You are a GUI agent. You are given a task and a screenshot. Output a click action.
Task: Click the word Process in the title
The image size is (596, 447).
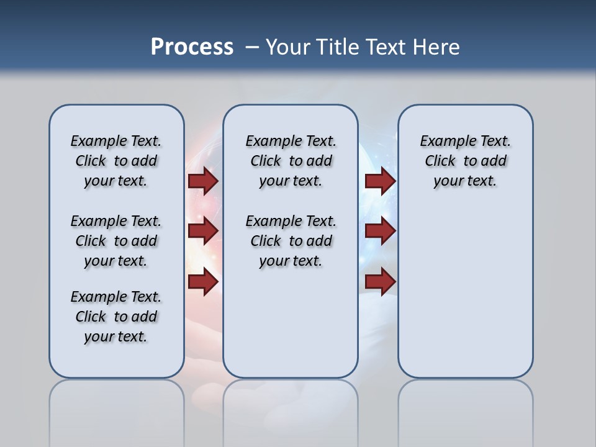point(192,47)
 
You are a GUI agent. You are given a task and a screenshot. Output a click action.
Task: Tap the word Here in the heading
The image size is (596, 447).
point(438,47)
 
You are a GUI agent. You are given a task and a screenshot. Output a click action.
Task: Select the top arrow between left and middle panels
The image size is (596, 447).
point(203,181)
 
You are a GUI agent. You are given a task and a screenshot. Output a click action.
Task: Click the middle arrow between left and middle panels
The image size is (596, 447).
point(203,231)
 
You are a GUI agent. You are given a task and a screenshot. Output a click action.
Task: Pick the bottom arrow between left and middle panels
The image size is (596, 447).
point(203,282)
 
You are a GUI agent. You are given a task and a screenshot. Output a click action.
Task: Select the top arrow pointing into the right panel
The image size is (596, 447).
point(380,181)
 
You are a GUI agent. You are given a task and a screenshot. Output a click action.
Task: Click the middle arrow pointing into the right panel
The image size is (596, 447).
point(380,231)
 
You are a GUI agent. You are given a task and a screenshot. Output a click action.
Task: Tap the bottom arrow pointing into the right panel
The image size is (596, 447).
point(380,282)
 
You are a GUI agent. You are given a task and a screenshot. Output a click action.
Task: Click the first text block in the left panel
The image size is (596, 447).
point(116,161)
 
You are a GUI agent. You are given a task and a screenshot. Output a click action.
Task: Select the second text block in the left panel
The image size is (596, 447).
point(116,241)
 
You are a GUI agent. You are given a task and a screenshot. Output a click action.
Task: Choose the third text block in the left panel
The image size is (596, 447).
point(116,317)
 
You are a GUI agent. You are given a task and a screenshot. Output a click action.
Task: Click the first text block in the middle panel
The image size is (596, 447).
point(291,161)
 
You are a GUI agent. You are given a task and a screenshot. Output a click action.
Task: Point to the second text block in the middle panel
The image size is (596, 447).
point(291,241)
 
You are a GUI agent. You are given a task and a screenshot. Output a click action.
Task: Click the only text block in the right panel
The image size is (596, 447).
point(465,161)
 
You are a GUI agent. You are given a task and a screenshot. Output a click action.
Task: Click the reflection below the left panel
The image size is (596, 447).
point(116,404)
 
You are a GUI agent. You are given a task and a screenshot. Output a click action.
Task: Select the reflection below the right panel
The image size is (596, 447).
point(465,404)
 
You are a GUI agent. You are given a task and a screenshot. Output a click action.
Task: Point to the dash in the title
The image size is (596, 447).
point(252,47)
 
